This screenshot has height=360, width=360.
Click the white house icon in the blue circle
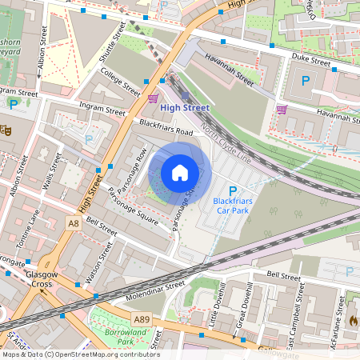[180, 173]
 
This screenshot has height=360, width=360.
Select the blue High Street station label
[184, 107]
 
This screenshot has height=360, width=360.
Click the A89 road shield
[141, 318]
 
